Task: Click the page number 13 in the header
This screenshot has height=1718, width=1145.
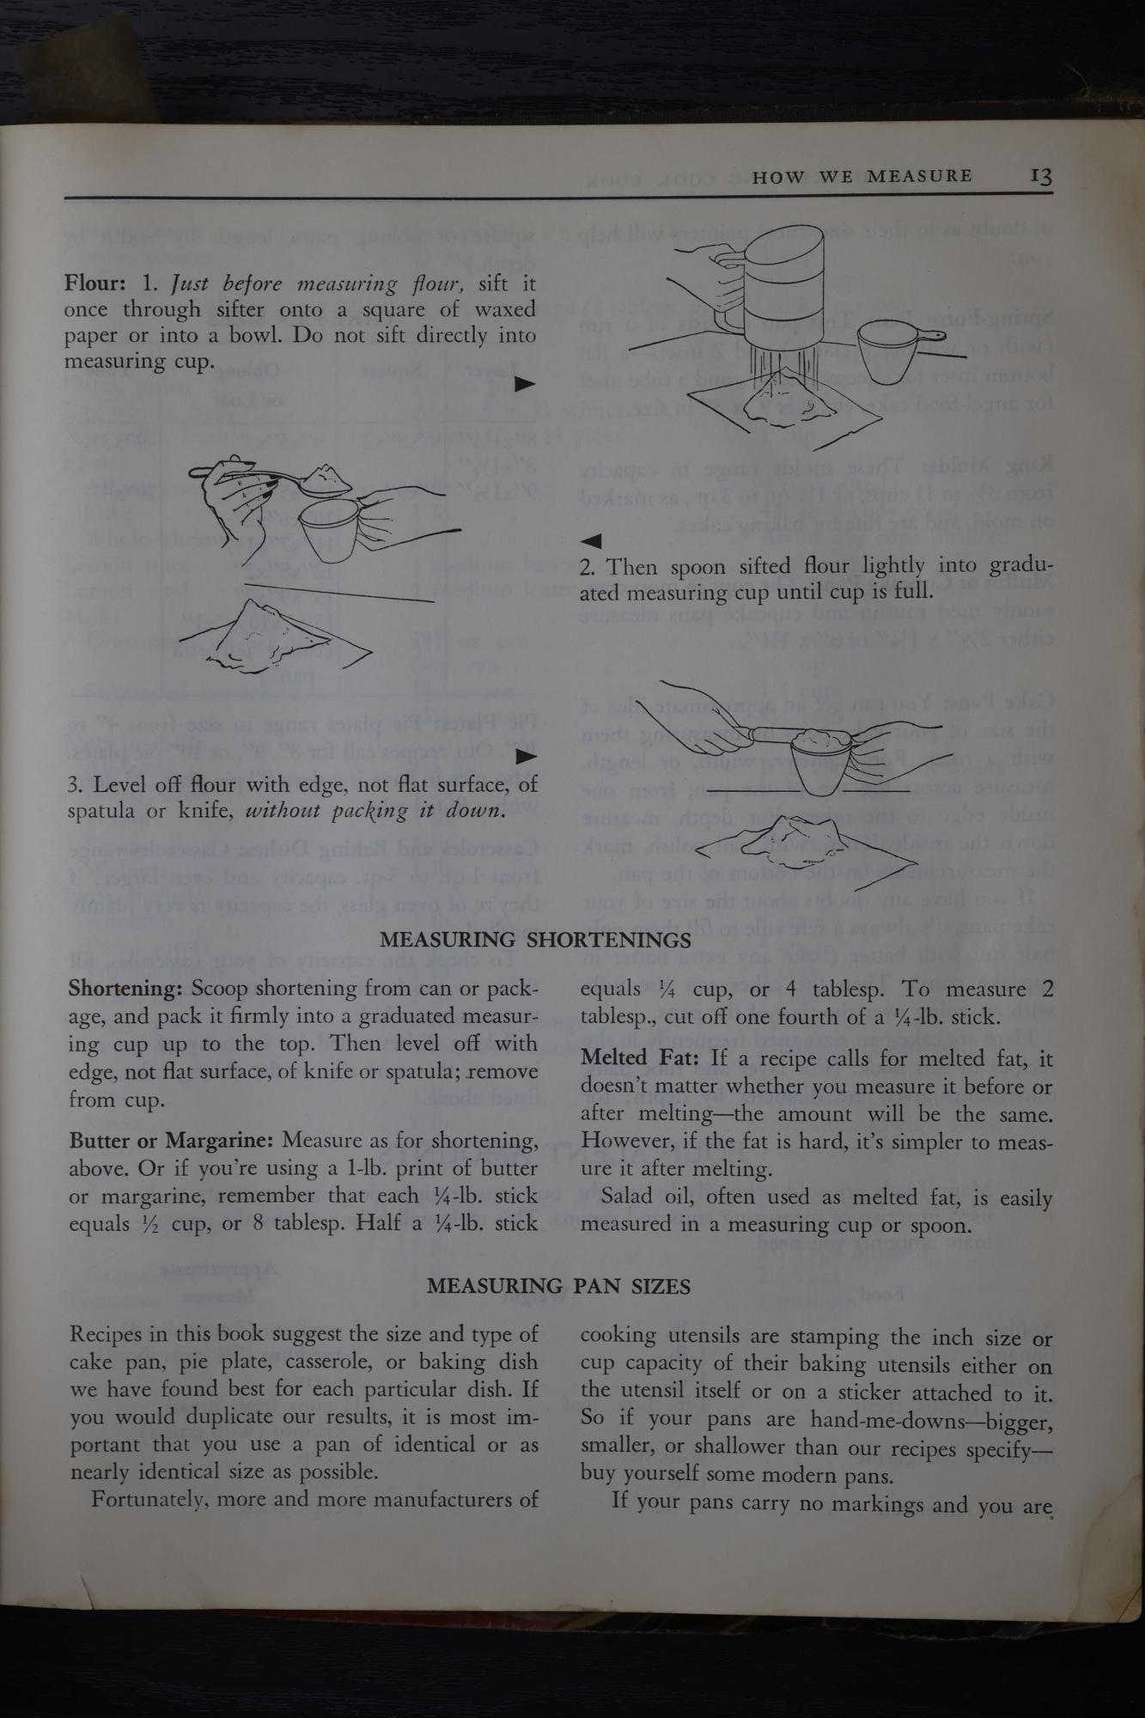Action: pos(1041,176)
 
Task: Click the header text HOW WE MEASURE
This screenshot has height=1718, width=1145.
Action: pos(862,177)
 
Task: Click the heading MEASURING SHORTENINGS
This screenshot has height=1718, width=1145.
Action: pos(535,940)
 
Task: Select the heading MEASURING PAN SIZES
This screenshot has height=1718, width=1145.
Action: pos(558,1286)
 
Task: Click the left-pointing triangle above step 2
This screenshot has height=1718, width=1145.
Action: pos(591,541)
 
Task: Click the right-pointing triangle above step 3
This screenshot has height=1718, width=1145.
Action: pos(525,757)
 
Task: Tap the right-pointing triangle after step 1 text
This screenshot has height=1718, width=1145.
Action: pos(525,384)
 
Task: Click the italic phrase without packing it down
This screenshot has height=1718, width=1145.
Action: pos(375,811)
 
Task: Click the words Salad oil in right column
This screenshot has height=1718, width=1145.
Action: pos(643,1197)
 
